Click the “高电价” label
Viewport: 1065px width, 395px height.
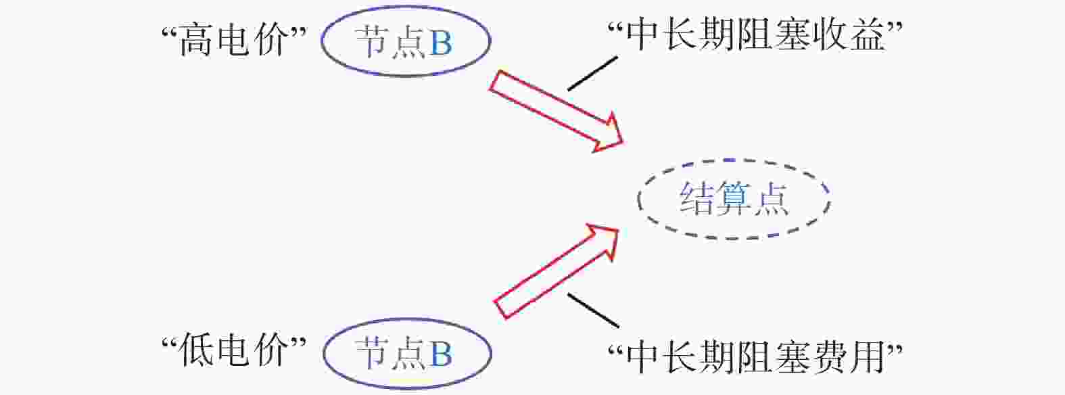click(x=235, y=40)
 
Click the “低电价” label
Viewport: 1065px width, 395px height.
click(x=235, y=351)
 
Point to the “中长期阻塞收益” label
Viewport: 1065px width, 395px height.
click(x=755, y=35)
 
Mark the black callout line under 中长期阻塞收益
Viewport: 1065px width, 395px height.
click(x=592, y=73)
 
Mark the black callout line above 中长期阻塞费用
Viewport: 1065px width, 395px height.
click(x=594, y=310)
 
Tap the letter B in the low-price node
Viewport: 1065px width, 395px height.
click(x=441, y=354)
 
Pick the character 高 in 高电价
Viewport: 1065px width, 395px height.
click(x=195, y=41)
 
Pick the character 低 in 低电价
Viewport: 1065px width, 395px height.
click(x=195, y=351)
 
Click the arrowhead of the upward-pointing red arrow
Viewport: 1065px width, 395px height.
click(x=604, y=239)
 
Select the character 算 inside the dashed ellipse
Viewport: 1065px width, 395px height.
click(x=734, y=199)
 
